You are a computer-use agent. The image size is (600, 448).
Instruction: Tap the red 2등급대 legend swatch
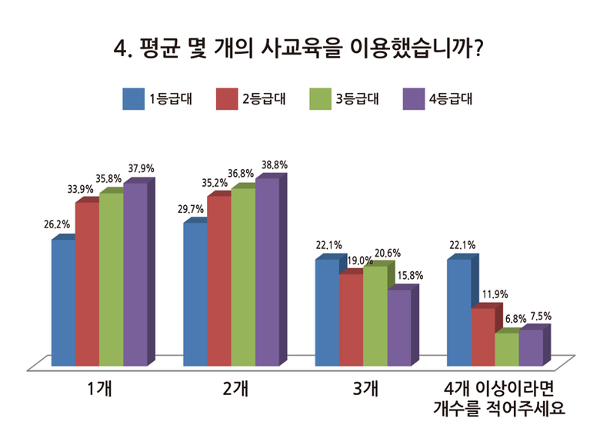[228, 99]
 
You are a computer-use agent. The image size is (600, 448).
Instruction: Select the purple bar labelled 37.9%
[135, 274]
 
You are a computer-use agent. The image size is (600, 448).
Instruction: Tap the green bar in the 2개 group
[242, 277]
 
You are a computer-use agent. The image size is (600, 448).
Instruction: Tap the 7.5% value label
[538, 316]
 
